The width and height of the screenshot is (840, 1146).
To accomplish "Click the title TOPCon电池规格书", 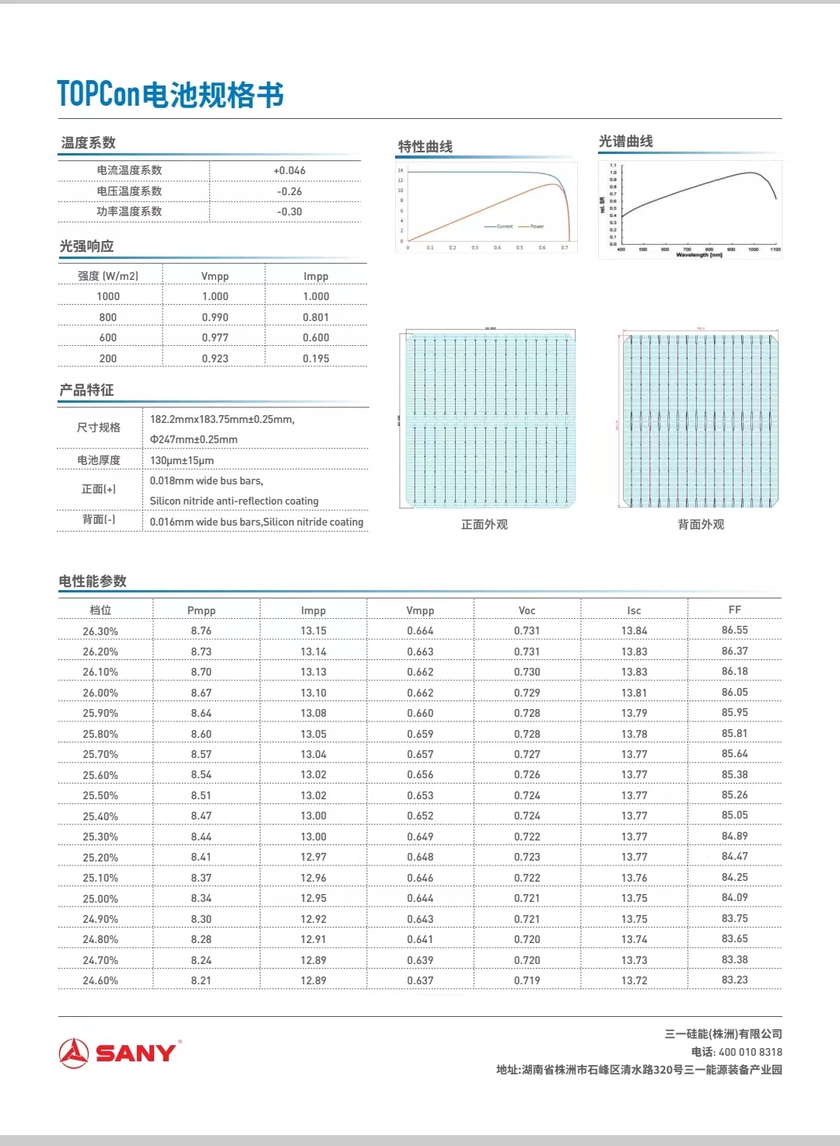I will tap(170, 95).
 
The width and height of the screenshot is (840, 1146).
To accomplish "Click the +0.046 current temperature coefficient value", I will tap(289, 170).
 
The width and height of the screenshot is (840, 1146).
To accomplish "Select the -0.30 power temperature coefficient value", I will tap(289, 211).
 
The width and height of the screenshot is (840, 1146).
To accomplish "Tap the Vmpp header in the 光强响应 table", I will tap(215, 276).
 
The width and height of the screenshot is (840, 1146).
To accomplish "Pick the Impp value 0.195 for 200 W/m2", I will tap(316, 358).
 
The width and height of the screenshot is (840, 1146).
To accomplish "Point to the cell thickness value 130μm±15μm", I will tap(182, 460).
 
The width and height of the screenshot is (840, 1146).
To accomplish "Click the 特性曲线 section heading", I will tap(425, 146).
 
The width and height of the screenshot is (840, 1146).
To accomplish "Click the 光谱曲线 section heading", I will tap(625, 142).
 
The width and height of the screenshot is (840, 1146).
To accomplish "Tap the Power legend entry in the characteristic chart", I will tap(537, 226).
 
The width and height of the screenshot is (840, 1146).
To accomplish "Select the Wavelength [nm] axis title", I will tap(699, 255).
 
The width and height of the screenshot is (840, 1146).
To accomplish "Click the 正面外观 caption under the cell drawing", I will tap(484, 525).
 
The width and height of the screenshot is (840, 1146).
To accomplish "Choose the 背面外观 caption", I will tap(701, 525).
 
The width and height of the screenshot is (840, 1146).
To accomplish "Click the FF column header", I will tap(734, 610).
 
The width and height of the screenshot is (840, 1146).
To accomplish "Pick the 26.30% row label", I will tap(100, 631).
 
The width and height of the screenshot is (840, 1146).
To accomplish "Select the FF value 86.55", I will tap(734, 631).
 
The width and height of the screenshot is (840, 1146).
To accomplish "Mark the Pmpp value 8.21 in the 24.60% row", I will tap(201, 980).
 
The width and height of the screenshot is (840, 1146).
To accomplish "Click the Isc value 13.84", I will tap(634, 631).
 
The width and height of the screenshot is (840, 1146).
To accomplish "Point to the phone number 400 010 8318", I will tap(751, 1052).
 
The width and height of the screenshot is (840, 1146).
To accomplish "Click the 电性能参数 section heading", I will tap(93, 582).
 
